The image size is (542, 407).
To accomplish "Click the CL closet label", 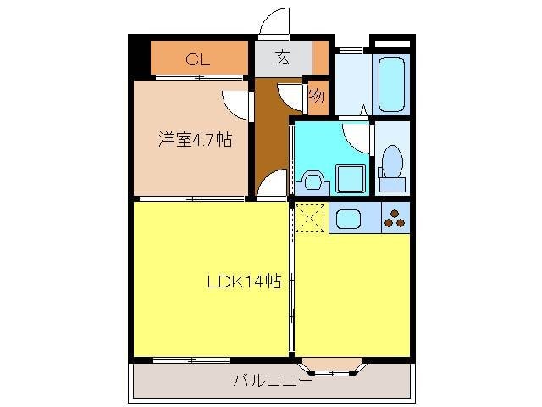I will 197,59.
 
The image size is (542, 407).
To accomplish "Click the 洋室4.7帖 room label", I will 194,140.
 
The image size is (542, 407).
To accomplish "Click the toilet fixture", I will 391,163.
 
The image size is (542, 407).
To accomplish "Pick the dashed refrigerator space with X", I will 310,219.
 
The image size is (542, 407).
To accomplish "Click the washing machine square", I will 350,179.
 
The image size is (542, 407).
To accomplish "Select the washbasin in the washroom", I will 312,181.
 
